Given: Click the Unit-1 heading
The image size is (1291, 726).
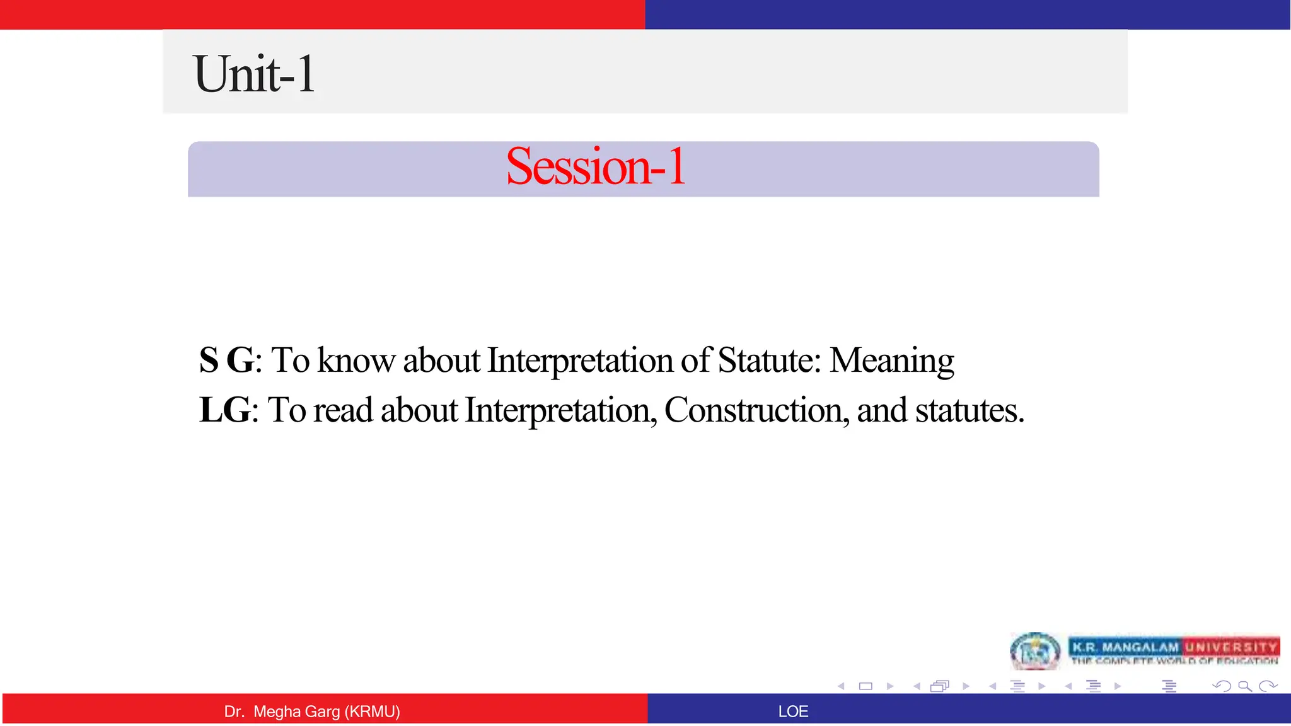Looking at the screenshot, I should tap(254, 74).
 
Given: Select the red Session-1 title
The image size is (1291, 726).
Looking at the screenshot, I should tap(595, 166).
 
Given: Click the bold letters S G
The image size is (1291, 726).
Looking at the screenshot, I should tap(226, 360).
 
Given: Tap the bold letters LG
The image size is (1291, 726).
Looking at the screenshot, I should tap(224, 410).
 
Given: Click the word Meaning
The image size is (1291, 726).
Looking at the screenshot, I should tap(891, 360).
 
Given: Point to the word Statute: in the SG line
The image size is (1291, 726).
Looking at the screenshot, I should tap(769, 360).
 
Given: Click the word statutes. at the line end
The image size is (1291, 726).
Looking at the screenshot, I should tap(970, 410).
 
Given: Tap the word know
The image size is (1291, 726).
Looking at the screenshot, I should tap(356, 360).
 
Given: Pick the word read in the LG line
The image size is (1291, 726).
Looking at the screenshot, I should tap(343, 410).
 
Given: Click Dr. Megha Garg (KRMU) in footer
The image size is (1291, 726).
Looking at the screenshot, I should tap(312, 712).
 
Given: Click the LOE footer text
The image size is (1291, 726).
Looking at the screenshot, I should tap(792, 712).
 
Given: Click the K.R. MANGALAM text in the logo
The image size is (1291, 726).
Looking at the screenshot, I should tap(1125, 647).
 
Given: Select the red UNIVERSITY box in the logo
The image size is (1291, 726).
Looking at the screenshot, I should tap(1230, 647).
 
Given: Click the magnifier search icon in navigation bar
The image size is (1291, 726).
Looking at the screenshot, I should tap(1244, 686).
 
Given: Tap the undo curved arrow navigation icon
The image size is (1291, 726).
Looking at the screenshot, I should tap(1222, 686).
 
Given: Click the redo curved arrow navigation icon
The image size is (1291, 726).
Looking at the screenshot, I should tap(1268, 686).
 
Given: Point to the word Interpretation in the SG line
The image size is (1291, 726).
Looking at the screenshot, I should tap(580, 360).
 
